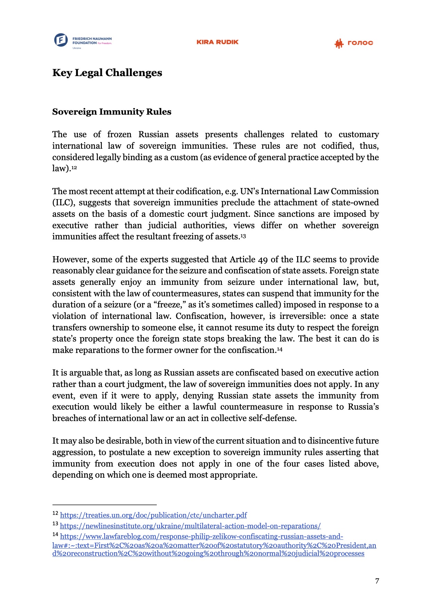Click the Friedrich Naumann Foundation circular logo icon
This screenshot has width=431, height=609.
tap(61, 40)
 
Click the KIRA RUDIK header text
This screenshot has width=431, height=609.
tap(217, 42)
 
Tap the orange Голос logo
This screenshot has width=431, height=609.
tap(353, 43)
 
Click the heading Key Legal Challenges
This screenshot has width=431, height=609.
tap(107, 73)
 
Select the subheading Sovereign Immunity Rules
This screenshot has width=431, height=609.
tap(112, 112)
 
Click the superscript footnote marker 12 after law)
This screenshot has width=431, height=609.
tap(74, 168)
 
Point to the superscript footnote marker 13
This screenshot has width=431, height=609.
tap(243, 236)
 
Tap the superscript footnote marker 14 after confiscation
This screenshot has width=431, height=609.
tap(279, 349)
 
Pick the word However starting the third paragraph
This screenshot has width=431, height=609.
tap(71, 260)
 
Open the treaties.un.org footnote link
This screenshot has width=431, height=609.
tap(153, 515)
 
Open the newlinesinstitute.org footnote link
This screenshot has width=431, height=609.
tap(190, 526)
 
